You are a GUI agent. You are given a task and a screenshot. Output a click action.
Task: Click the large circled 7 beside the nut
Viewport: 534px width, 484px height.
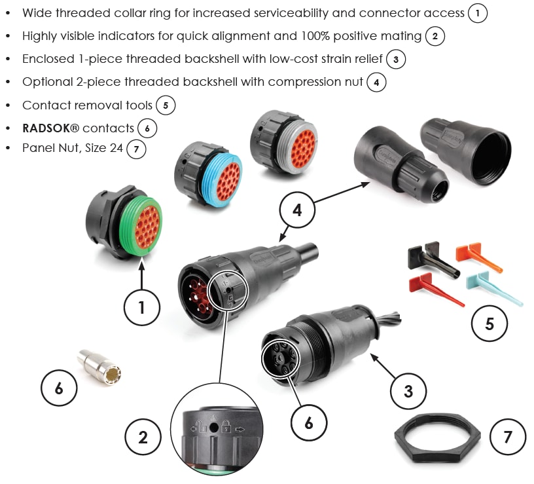coord(508,436)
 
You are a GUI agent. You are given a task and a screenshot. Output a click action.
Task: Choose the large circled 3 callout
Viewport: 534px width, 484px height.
coord(408,392)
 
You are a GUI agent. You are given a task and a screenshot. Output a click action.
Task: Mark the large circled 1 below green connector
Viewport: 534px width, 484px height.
coord(142,307)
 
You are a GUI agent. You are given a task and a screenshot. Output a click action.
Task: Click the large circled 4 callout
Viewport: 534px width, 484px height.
coord(297,211)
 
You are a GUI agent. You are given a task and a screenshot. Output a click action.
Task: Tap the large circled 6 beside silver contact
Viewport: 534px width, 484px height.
coord(59,388)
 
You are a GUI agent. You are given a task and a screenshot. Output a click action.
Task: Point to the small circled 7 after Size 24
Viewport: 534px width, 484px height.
coord(136,149)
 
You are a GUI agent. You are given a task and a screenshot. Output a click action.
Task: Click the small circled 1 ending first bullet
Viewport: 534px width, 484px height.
coord(478,13)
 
